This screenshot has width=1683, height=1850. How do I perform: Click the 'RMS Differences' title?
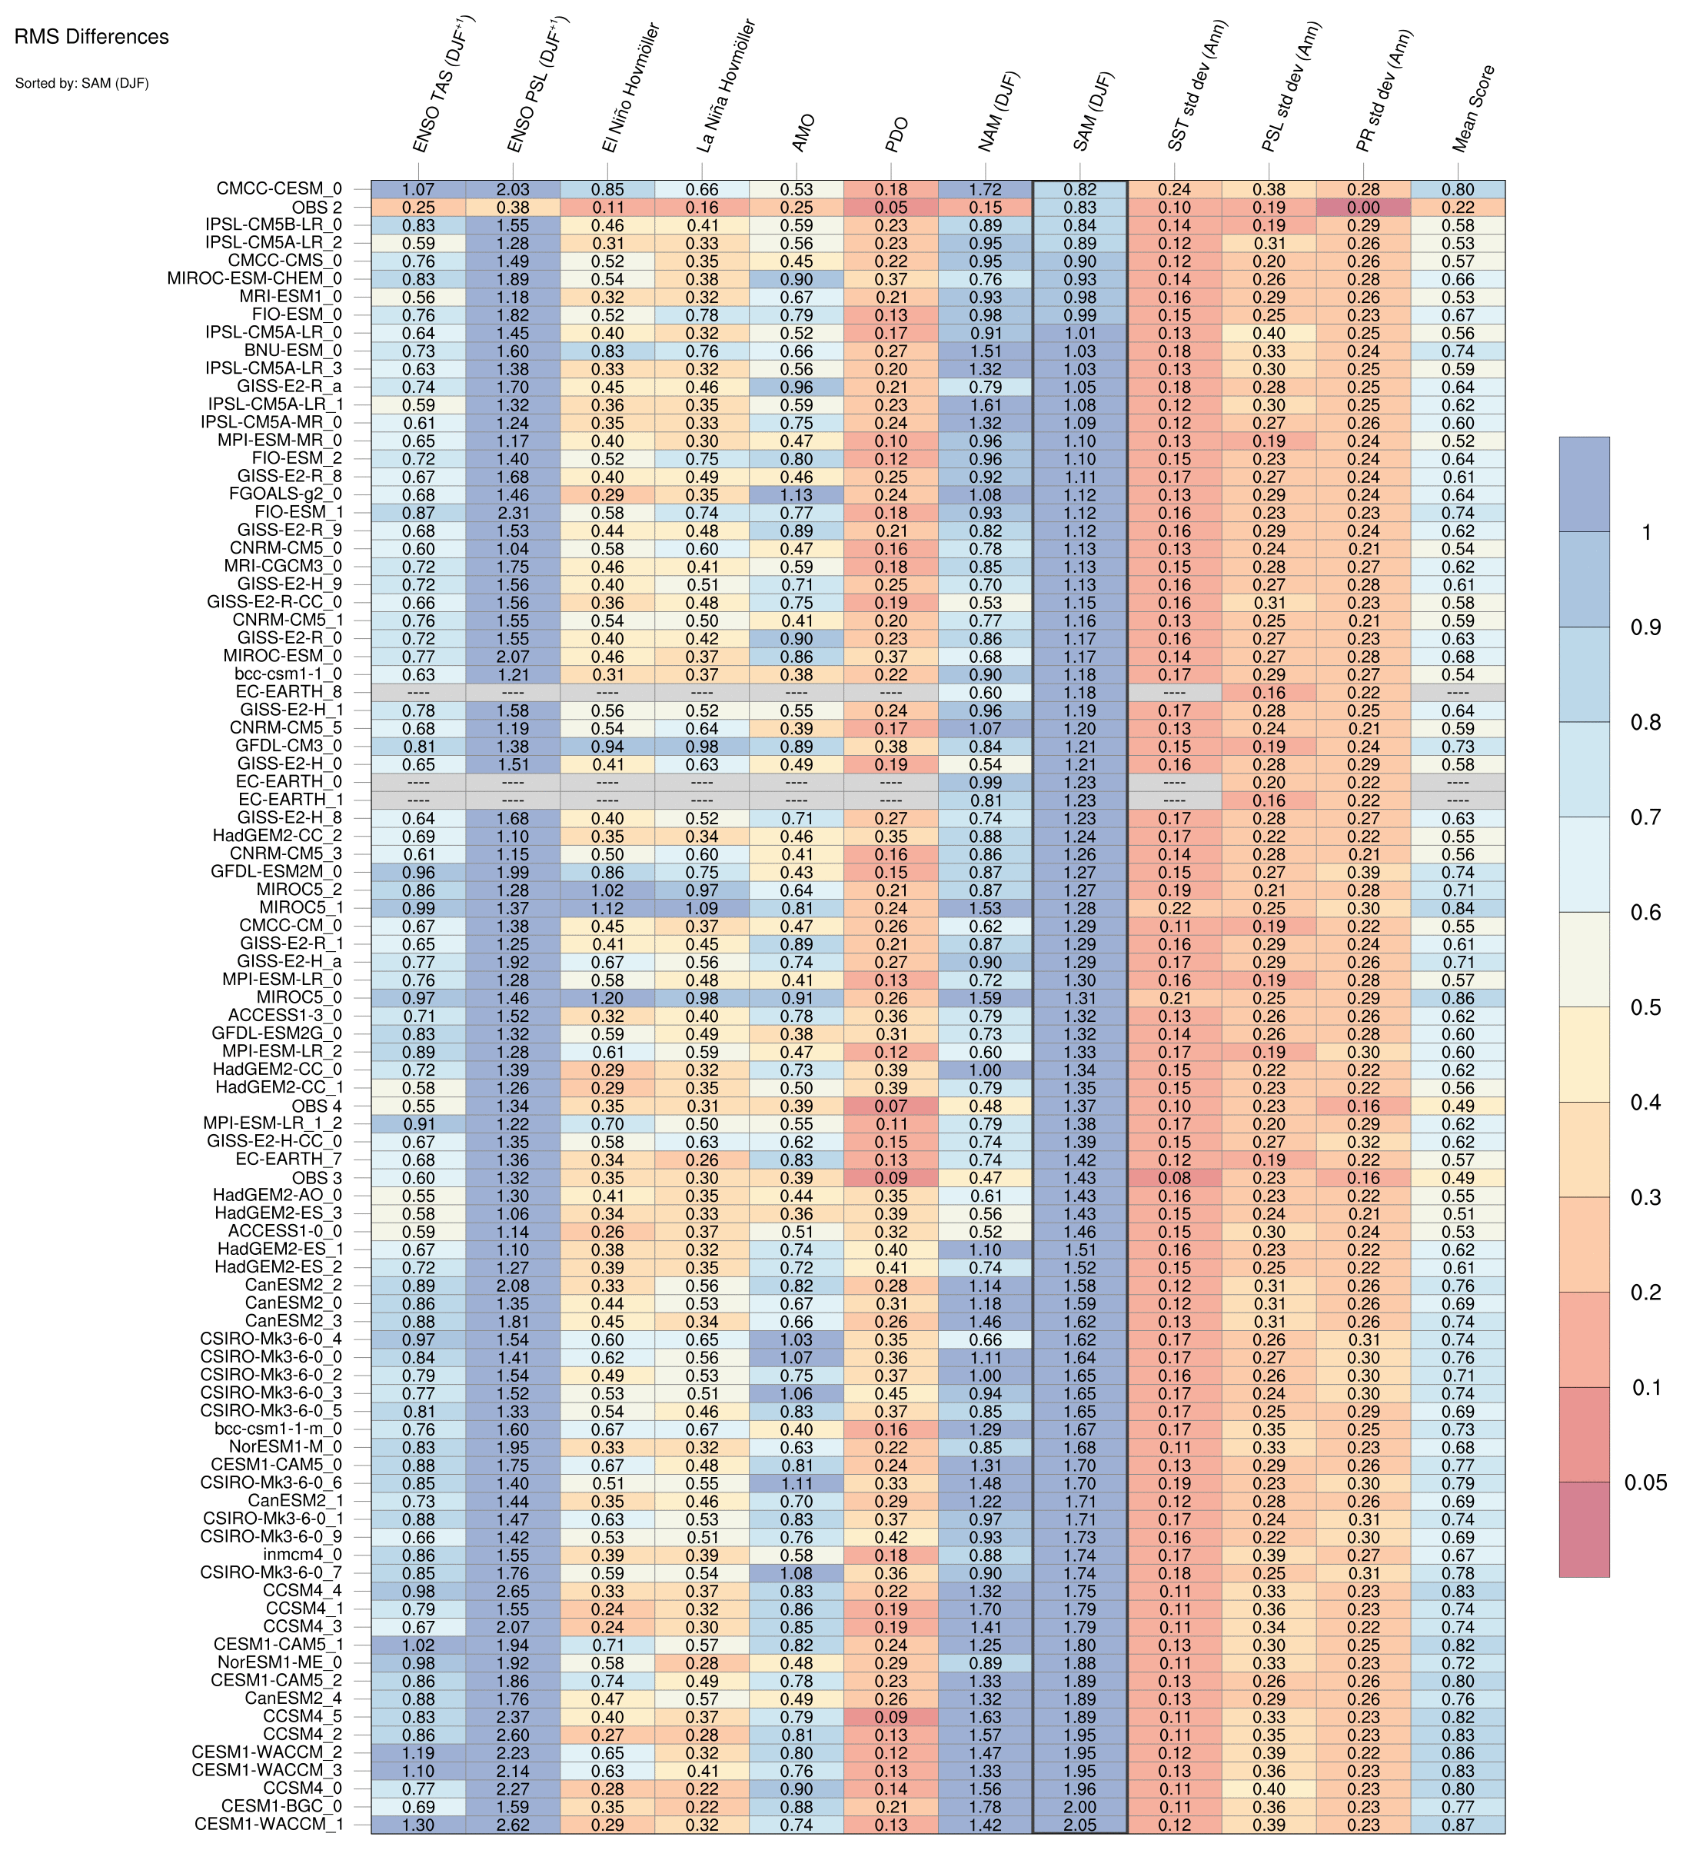91,38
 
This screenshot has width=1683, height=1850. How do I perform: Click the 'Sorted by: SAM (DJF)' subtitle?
81,84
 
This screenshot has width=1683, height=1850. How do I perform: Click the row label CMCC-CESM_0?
279,189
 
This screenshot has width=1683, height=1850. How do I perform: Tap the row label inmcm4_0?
302,1556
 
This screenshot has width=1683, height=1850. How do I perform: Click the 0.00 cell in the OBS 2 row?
1362,208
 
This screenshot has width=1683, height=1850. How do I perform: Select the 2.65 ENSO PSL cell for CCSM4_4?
513,1591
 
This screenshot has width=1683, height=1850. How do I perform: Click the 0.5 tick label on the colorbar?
1645,1007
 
